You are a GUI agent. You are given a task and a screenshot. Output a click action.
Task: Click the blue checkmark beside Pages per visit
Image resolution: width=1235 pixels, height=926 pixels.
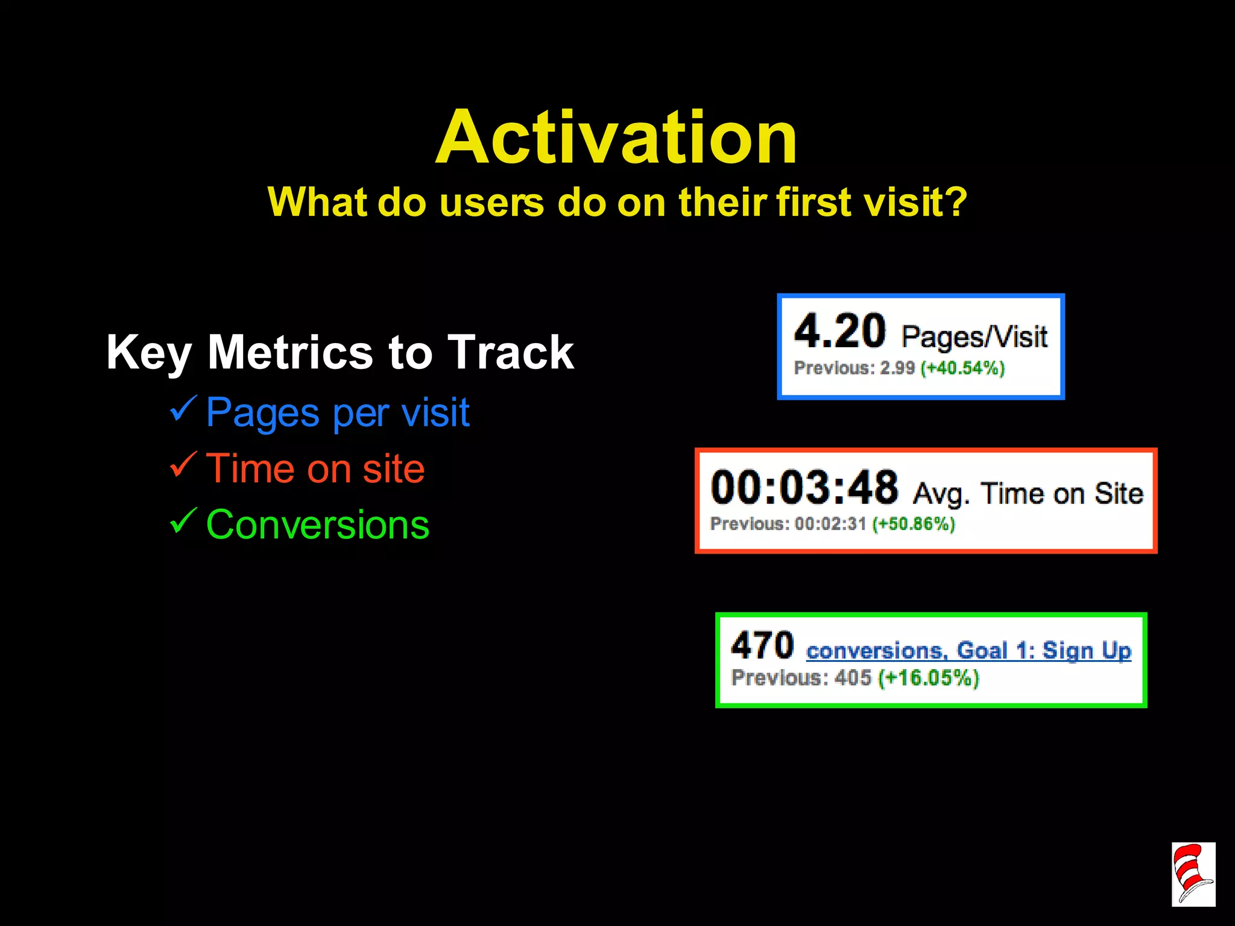click(x=183, y=409)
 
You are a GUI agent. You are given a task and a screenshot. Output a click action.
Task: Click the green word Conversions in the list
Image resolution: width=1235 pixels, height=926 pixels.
click(x=318, y=524)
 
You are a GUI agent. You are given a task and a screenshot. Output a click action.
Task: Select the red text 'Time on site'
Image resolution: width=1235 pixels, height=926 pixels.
click(x=315, y=468)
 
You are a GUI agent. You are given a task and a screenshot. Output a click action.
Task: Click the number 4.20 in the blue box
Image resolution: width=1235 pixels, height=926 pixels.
click(x=839, y=332)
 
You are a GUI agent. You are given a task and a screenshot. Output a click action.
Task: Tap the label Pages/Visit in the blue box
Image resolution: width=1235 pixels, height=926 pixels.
click(x=974, y=336)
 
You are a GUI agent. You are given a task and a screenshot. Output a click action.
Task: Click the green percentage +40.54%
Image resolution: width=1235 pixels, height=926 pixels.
click(x=962, y=368)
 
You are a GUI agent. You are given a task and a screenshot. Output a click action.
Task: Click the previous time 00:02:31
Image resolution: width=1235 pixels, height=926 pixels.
click(x=830, y=523)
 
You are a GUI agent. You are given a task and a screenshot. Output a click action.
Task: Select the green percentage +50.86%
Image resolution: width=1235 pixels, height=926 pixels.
click(x=914, y=523)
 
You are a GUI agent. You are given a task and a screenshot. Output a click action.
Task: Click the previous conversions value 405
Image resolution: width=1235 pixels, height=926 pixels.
click(x=853, y=678)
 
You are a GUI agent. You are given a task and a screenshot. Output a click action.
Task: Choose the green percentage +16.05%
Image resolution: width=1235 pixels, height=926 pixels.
click(x=928, y=678)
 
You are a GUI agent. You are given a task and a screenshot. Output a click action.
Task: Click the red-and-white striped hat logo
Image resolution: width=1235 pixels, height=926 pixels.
click(x=1193, y=874)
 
